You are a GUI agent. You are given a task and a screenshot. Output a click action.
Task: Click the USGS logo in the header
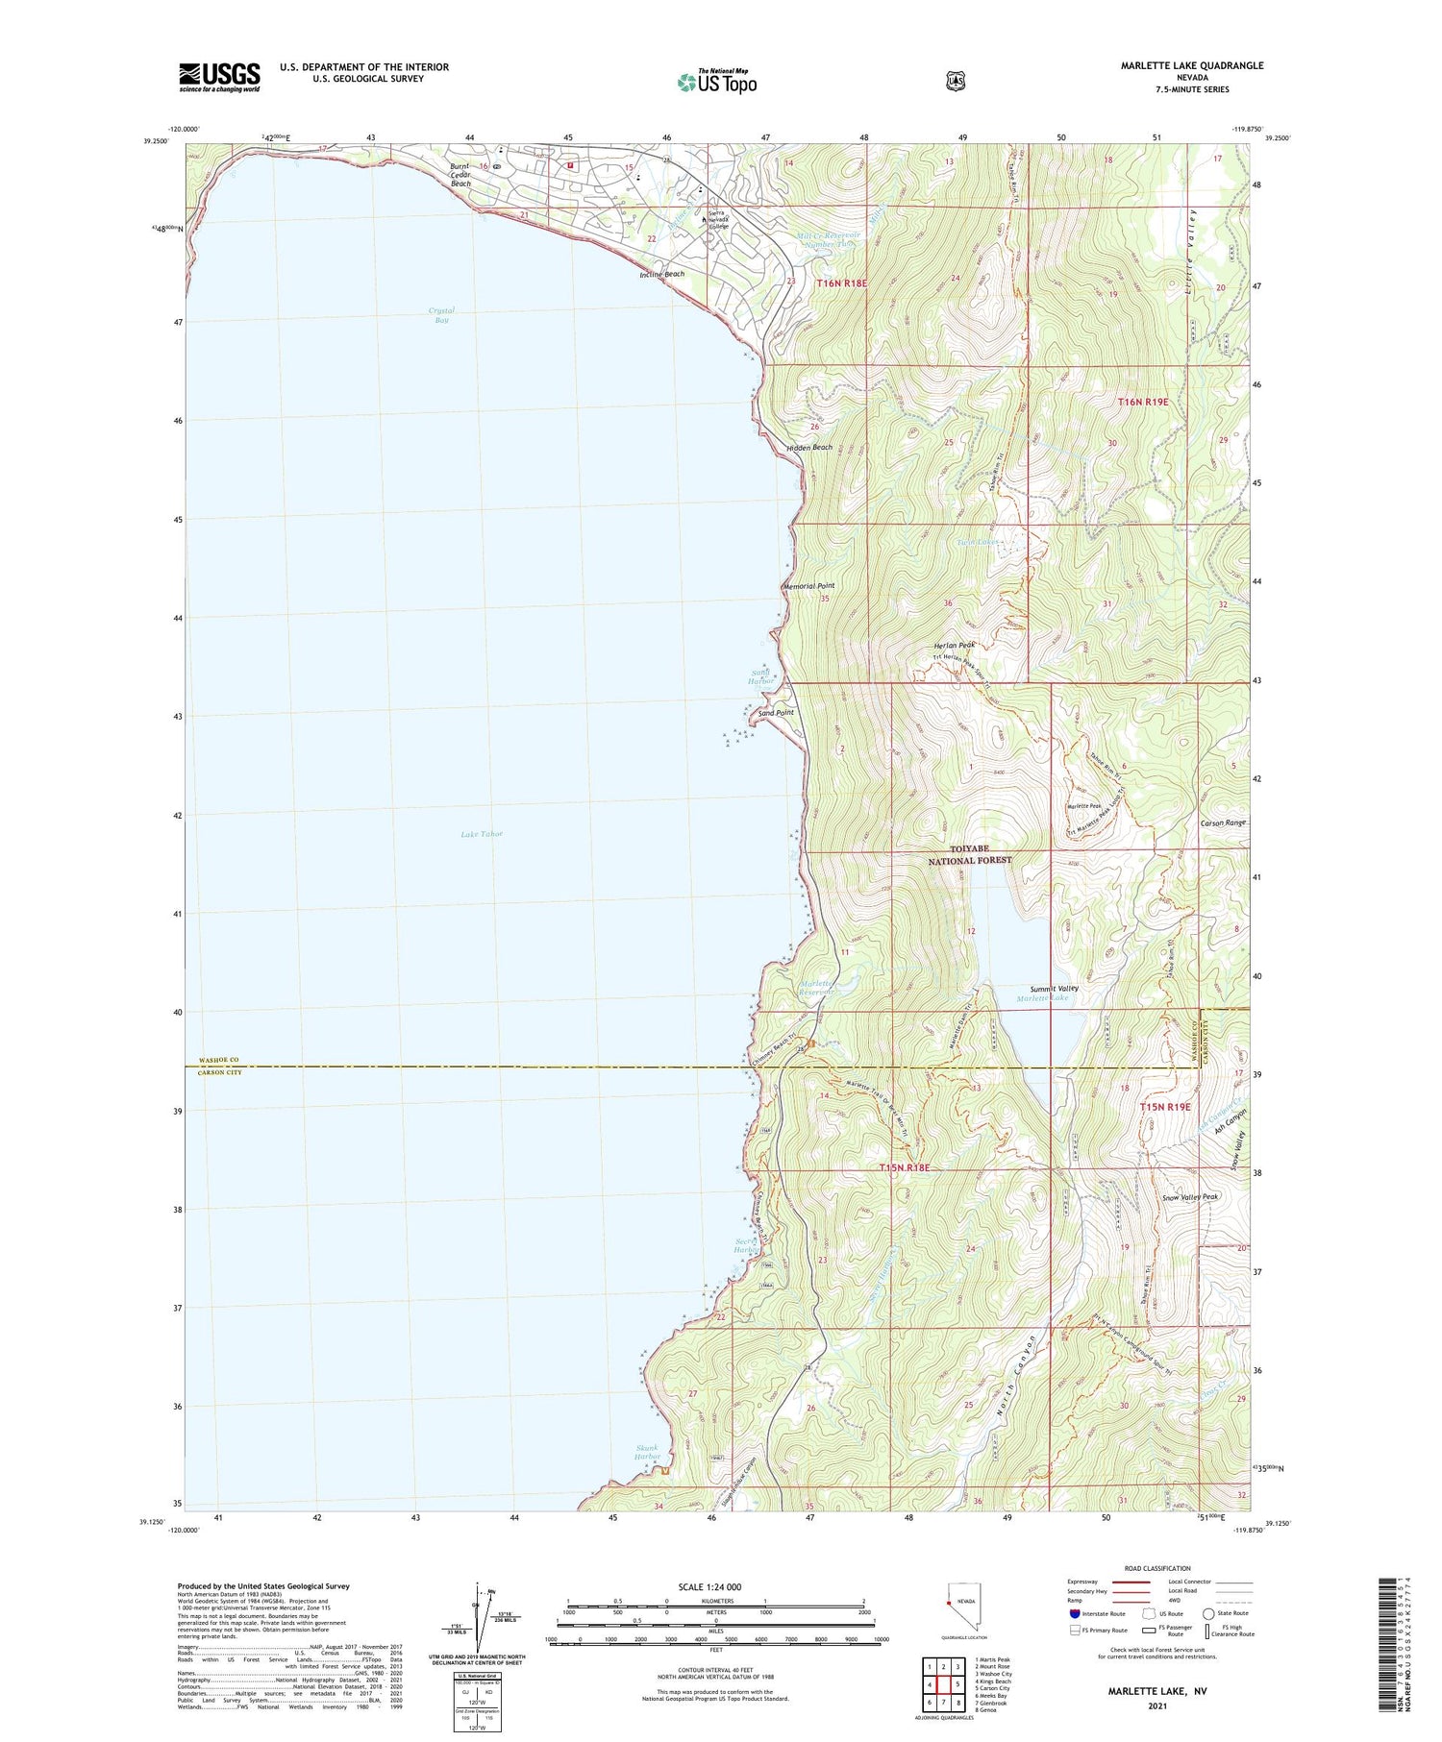[x=219, y=77]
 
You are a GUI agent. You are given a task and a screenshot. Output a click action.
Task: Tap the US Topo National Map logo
[x=716, y=82]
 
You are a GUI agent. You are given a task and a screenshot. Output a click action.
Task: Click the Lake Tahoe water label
[x=482, y=833]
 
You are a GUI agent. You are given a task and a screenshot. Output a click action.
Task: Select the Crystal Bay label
[x=441, y=314]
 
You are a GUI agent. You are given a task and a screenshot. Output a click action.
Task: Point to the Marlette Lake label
[x=1043, y=998]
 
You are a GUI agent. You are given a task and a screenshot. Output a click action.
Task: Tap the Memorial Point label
[x=808, y=585]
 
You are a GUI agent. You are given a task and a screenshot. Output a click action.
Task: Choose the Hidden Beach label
[x=809, y=447]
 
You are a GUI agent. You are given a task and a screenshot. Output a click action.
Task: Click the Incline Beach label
[x=662, y=274]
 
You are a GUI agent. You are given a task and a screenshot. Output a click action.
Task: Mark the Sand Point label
[x=776, y=713]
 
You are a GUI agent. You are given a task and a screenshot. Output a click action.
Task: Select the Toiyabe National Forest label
[x=969, y=855]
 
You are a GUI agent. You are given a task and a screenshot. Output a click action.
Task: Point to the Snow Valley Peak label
[x=1190, y=1196]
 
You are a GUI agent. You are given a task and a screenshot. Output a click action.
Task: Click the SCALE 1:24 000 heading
[x=715, y=1586]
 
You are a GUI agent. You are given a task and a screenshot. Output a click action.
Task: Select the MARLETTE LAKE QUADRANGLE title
[x=1191, y=65]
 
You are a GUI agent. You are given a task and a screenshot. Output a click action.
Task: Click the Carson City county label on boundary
[x=220, y=1071]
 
